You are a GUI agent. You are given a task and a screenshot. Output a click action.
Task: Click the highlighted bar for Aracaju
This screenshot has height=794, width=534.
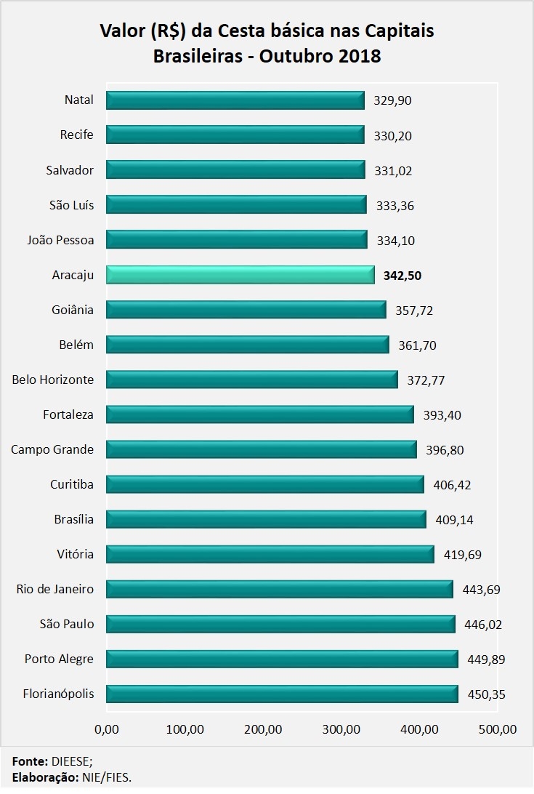(x=240, y=275)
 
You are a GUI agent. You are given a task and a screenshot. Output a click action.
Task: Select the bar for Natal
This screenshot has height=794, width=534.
(x=235, y=100)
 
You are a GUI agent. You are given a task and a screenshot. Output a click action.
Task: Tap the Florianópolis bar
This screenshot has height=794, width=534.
(x=282, y=694)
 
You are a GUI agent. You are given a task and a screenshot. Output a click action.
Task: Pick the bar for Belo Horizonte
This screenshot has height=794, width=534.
(x=251, y=380)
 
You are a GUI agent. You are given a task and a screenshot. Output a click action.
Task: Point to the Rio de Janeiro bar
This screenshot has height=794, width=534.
(x=279, y=589)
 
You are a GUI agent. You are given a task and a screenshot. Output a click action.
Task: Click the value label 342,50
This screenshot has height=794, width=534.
(x=403, y=276)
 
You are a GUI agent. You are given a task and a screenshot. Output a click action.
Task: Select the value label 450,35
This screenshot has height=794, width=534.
(x=486, y=694)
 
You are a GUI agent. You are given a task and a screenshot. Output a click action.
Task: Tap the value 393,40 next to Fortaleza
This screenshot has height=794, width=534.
(x=442, y=415)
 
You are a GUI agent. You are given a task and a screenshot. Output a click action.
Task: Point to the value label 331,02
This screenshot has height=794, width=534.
(x=393, y=171)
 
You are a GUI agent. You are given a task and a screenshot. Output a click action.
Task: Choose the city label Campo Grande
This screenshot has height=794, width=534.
(x=52, y=449)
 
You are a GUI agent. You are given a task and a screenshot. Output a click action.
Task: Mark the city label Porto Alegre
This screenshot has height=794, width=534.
(x=59, y=659)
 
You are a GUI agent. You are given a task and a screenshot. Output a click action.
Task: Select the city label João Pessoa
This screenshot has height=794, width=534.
(x=60, y=240)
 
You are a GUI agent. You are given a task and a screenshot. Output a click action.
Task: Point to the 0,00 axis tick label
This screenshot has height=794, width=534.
(x=106, y=729)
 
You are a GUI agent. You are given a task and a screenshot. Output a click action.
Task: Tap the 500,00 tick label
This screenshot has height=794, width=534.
(x=498, y=729)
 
